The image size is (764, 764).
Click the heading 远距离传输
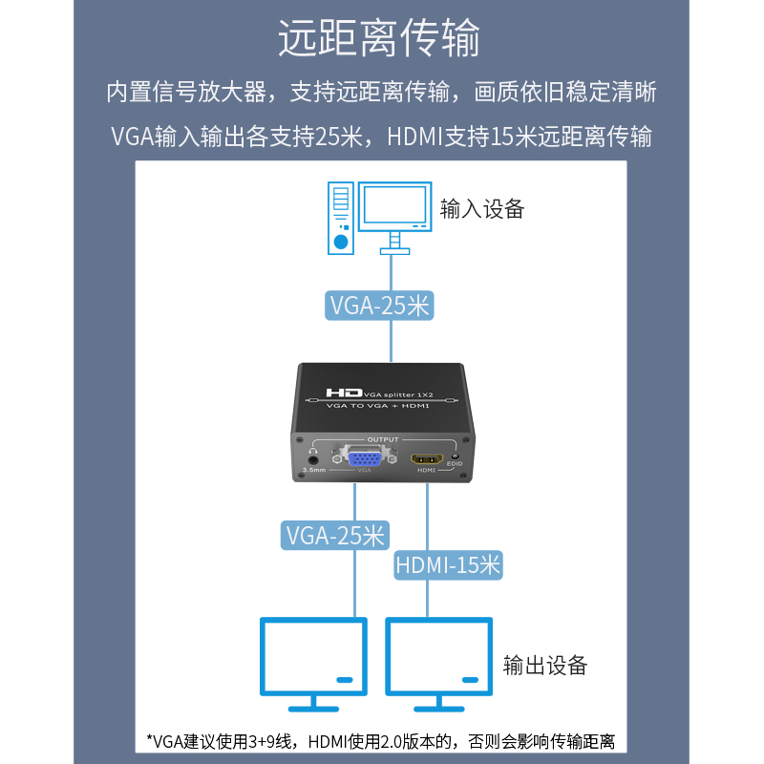[379, 39]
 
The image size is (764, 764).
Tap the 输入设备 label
[482, 209]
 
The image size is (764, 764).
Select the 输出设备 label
[545, 665]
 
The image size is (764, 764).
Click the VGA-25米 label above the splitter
[379, 306]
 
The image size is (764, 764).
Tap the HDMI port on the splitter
[426, 458]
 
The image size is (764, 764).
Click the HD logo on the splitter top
[344, 393]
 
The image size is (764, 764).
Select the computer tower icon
[341, 221]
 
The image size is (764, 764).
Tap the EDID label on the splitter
[455, 465]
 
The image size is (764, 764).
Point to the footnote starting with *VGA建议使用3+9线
[380, 741]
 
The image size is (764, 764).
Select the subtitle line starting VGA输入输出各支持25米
[381, 137]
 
